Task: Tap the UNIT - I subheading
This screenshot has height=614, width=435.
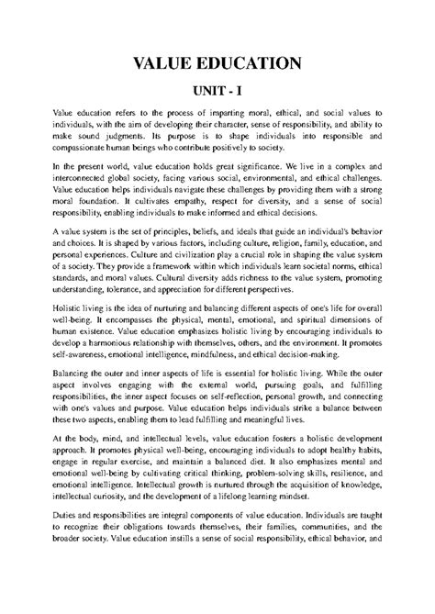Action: [217, 94]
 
